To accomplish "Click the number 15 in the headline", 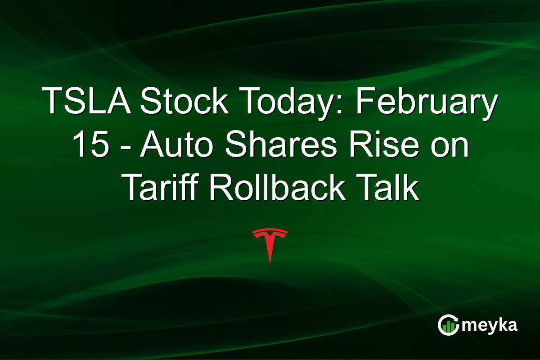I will coord(89,146).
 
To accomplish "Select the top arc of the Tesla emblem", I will coord(270,231).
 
